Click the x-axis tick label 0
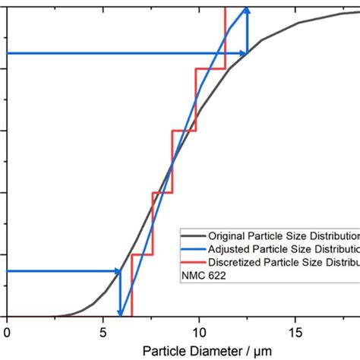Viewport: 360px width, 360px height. pyautogui.click(x=7, y=331)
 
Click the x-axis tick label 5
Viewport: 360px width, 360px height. pyautogui.click(x=103, y=331)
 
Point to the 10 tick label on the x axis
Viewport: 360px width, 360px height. pyautogui.click(x=198, y=331)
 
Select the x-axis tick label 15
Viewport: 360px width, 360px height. pyautogui.click(x=295, y=331)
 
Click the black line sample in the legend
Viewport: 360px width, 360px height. pyautogui.click(x=193, y=235)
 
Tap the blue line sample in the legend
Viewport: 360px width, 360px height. pyautogui.click(x=193, y=249)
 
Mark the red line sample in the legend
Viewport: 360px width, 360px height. pyautogui.click(x=193, y=263)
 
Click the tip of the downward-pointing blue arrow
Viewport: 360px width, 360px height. pyautogui.click(x=120, y=314)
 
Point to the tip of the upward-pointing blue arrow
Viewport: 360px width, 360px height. pyautogui.click(x=246, y=8)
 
